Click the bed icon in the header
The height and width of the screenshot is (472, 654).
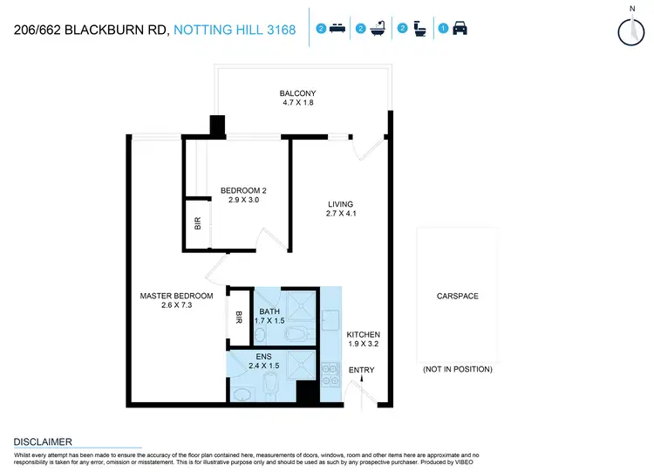339,29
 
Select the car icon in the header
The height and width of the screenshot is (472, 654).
460,29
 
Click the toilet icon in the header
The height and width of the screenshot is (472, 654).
419,29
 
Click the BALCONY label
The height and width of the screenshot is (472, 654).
297,93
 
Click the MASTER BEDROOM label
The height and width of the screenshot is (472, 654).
176,296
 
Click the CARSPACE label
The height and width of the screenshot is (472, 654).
457,296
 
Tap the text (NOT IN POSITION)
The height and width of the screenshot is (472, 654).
457,369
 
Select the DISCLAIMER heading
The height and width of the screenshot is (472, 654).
43,442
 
